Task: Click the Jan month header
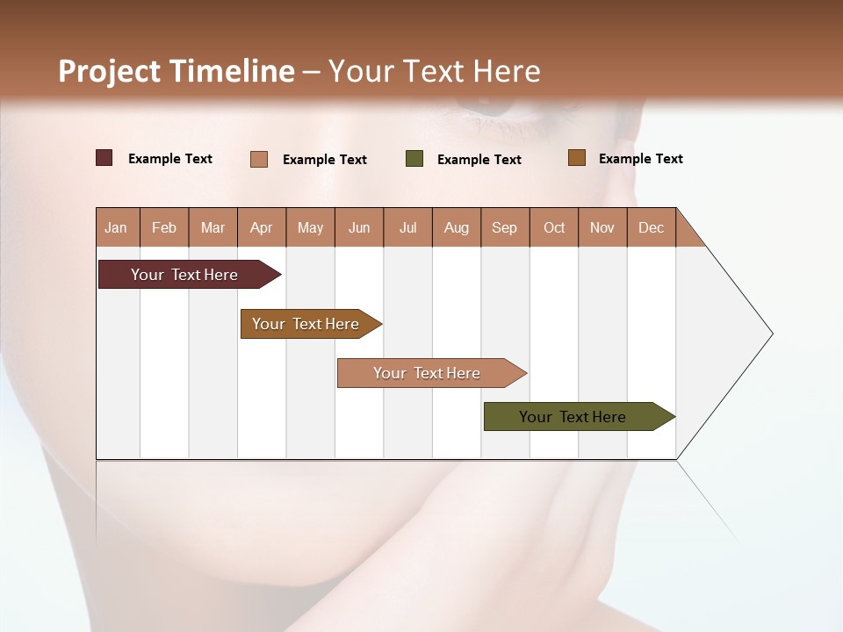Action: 117,227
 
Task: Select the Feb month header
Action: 164,227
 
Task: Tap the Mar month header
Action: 213,227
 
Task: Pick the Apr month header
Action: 262,227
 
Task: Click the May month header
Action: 310,227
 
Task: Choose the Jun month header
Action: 359,227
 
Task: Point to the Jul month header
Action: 407,227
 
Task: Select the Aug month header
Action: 457,227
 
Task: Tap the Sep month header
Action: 505,227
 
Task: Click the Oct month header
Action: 554,227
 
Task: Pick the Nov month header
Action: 602,227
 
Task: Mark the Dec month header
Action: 652,227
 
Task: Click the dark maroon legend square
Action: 104,158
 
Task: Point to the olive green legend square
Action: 414,159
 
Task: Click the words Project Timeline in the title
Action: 177,71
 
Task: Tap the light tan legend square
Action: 259,159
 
